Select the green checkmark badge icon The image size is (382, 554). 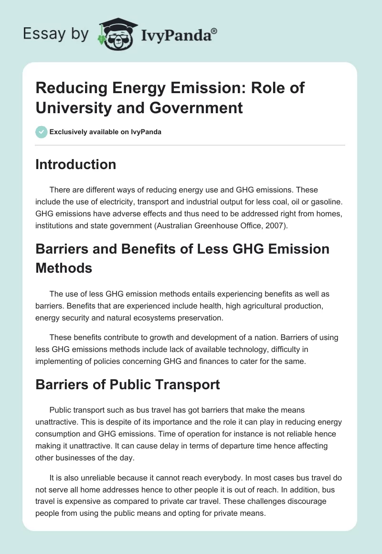coord(41,132)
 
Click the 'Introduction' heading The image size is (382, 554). coord(76,164)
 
